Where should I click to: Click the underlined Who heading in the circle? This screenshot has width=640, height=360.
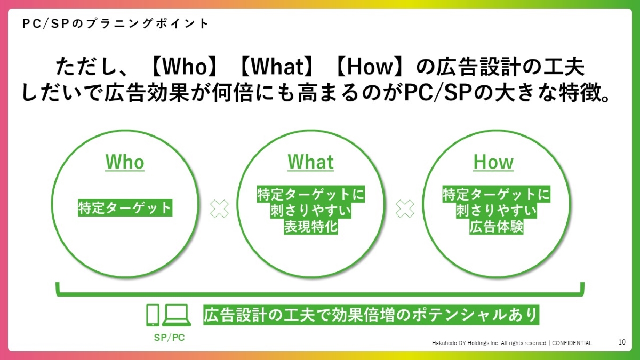(x=125, y=162)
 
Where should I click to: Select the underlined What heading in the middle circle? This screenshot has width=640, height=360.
(x=310, y=162)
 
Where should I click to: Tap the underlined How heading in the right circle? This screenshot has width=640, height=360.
(x=493, y=162)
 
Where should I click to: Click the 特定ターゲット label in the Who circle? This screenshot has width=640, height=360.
(x=125, y=207)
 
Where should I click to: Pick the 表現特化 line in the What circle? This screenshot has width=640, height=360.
(x=311, y=227)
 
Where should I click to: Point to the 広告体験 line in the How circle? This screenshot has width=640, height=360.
(x=497, y=227)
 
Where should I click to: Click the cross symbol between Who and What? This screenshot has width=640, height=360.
(x=219, y=209)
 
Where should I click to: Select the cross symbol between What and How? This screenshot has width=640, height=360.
(x=405, y=209)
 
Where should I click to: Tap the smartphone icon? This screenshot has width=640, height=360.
(x=153, y=315)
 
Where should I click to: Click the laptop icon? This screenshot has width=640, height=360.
(x=177, y=315)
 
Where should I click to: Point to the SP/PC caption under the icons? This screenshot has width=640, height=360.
(x=170, y=338)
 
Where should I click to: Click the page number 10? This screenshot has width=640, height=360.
(x=622, y=342)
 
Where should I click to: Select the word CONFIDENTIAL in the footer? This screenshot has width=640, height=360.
(x=572, y=343)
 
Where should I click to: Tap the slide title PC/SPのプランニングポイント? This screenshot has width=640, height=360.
(x=115, y=23)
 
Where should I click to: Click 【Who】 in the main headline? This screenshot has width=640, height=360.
(x=183, y=67)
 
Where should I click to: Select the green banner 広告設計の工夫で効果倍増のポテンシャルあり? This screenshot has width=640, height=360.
(x=371, y=315)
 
